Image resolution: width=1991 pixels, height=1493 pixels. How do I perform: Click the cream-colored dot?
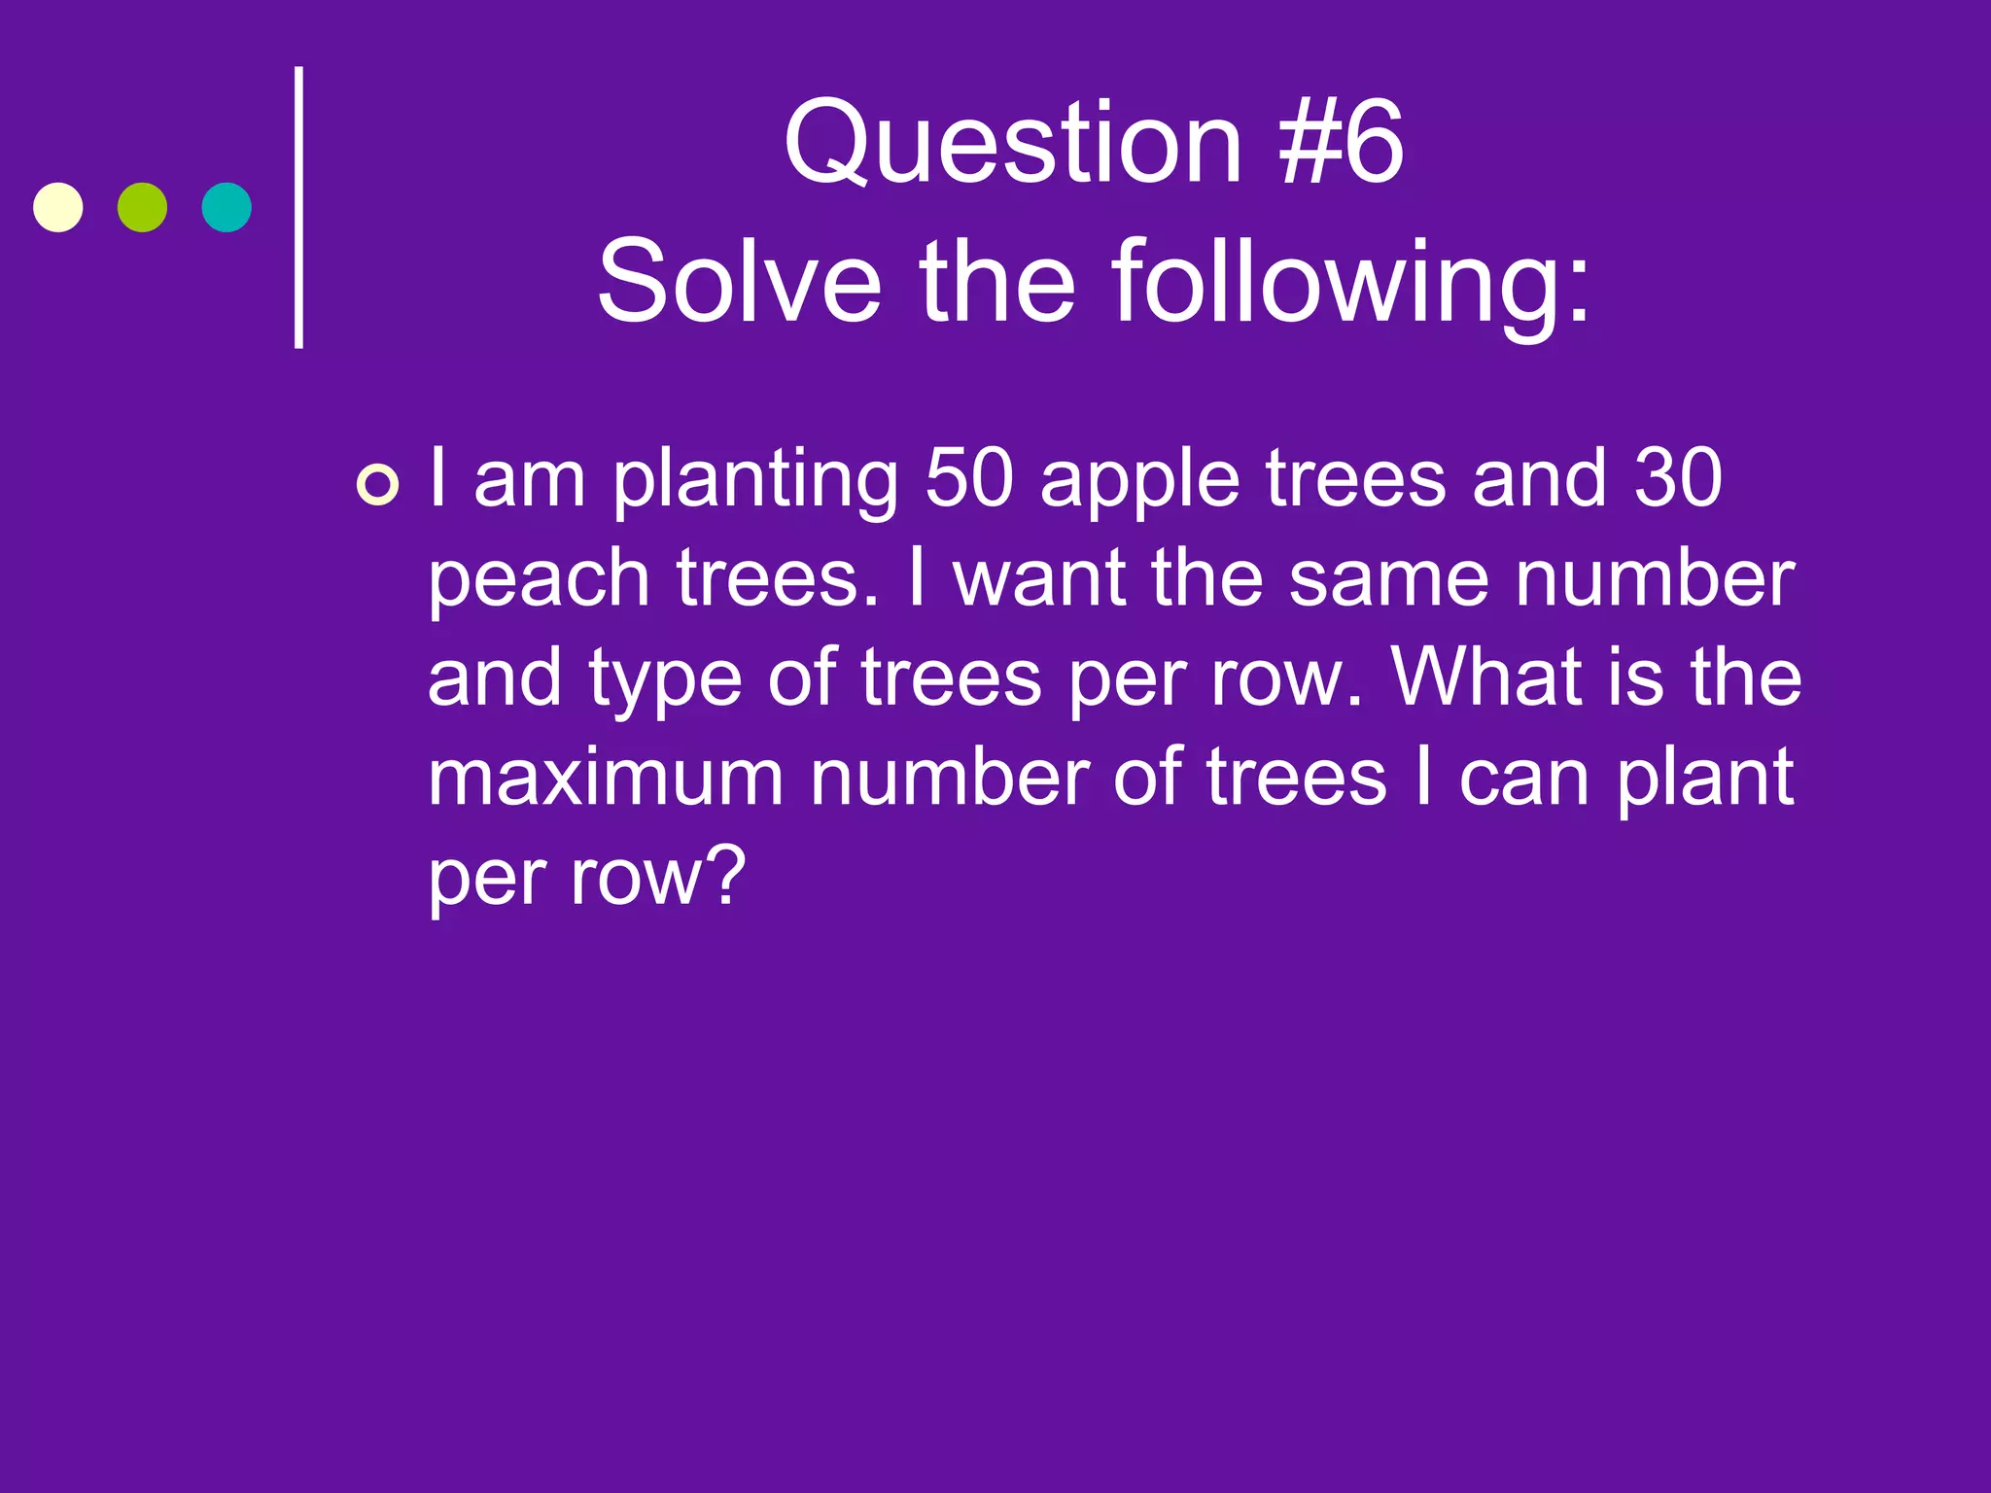58,207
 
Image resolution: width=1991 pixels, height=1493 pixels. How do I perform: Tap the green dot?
142,207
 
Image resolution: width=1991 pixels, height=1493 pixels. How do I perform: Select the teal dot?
227,207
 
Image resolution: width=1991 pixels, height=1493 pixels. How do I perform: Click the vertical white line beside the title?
299,207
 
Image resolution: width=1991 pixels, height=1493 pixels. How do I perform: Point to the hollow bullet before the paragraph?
377,485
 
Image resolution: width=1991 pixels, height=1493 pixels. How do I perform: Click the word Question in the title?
1012,143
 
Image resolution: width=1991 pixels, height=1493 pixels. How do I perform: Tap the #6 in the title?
1342,143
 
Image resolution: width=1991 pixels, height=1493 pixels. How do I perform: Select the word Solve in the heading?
739,283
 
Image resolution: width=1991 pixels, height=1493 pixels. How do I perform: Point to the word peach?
539,581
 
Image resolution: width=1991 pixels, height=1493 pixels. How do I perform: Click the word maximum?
605,777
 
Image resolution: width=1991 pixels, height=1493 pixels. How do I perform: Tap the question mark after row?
728,876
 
